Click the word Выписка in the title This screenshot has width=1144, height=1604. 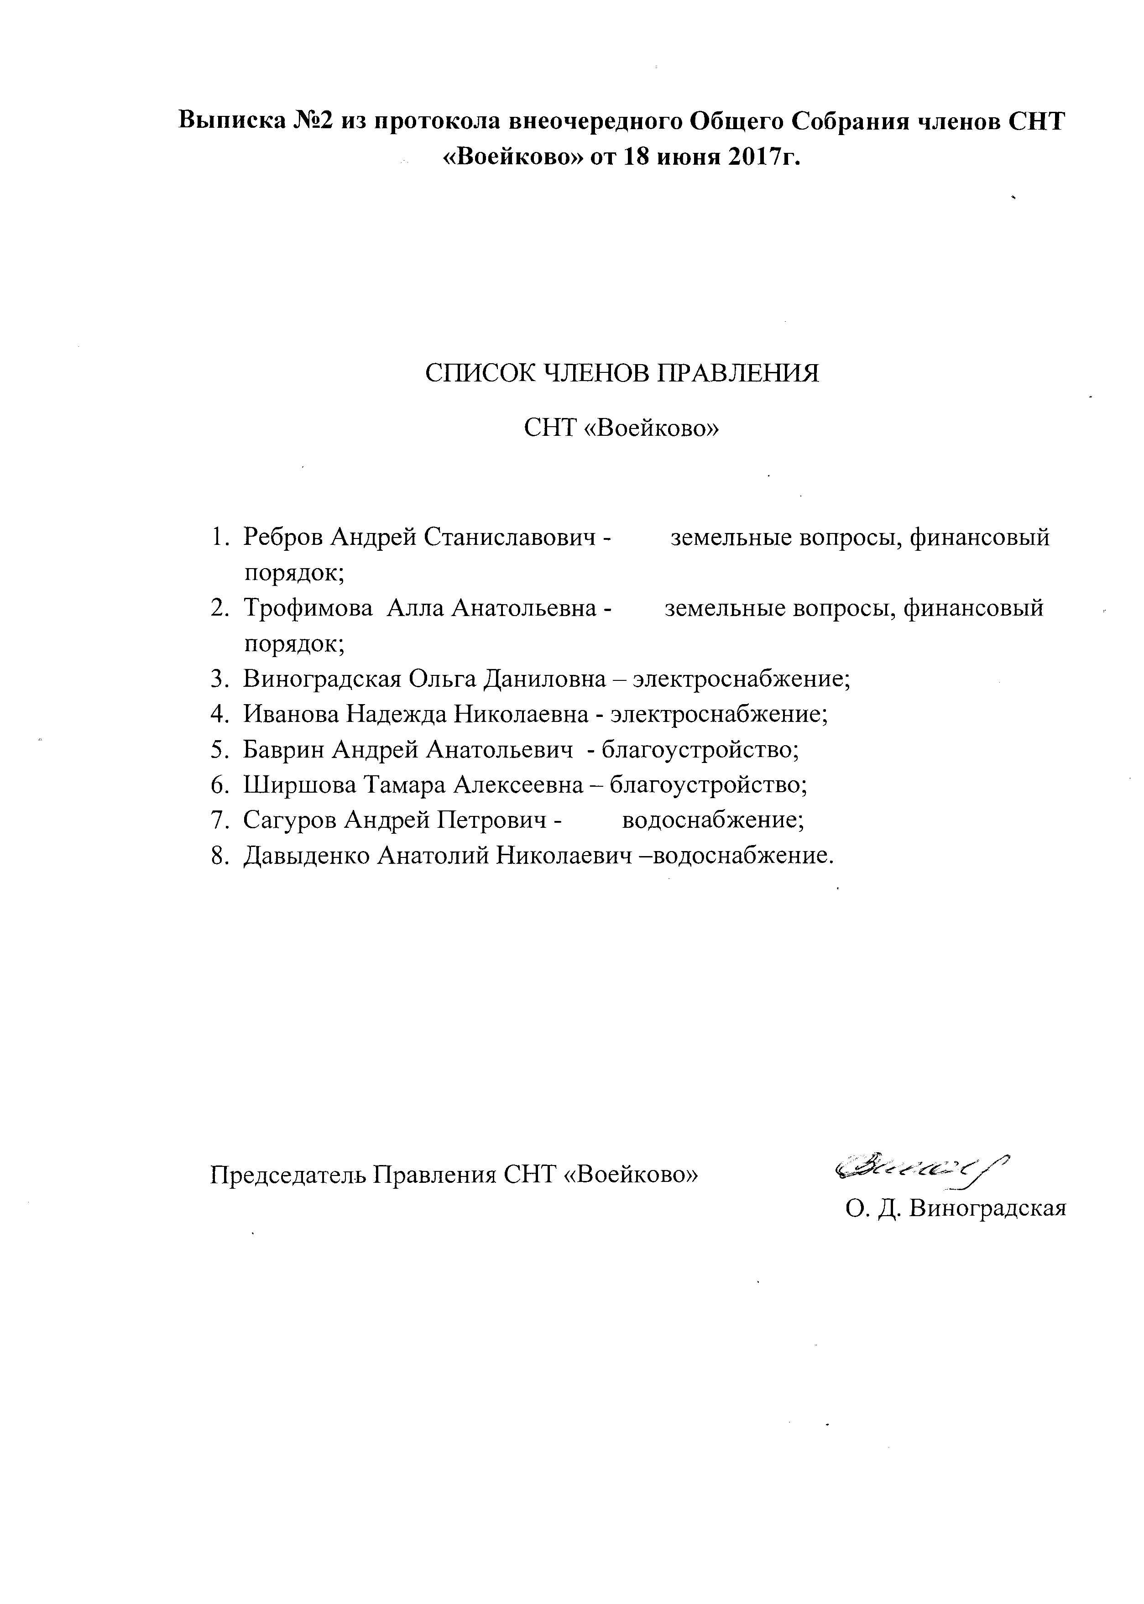(x=232, y=121)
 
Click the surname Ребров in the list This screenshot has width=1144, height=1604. (x=284, y=538)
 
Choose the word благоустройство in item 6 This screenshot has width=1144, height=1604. (x=708, y=785)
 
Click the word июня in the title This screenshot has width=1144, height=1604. (x=683, y=157)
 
